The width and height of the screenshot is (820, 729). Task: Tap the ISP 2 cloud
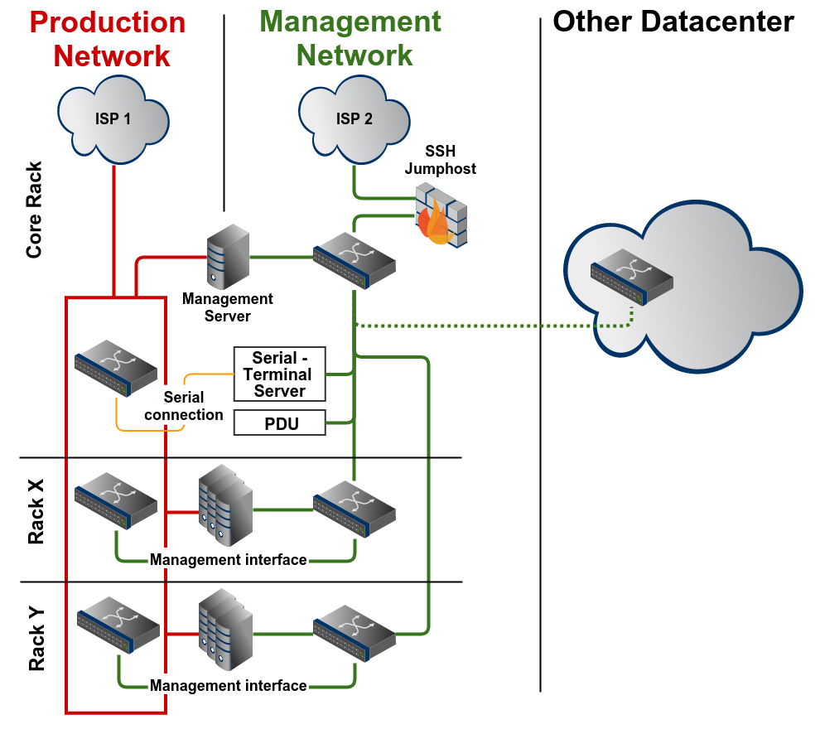[354, 118]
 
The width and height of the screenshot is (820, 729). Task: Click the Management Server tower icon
[227, 258]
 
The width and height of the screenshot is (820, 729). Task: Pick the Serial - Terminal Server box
[280, 374]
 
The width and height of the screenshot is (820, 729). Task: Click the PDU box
[280, 423]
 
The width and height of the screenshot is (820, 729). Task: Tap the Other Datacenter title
[673, 22]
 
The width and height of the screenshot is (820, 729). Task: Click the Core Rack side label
[34, 210]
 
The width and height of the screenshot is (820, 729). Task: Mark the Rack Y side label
[36, 639]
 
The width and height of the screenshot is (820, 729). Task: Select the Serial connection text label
[184, 406]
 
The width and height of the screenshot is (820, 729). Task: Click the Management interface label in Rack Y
[229, 686]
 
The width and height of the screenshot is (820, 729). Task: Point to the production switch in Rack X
[115, 500]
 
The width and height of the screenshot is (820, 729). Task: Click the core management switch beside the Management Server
[354, 257]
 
